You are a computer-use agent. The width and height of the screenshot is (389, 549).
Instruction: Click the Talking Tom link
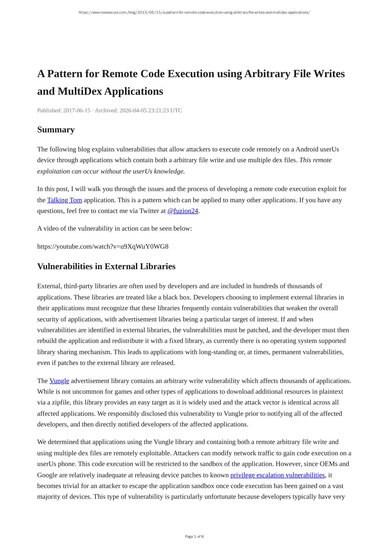pos(65,200)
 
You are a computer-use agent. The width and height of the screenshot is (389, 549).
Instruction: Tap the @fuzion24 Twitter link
pos(183,211)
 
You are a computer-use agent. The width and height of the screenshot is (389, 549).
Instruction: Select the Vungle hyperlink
pos(59,381)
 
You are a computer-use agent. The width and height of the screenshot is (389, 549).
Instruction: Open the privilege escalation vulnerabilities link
pos(277,475)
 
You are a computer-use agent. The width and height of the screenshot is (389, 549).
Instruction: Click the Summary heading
pos(56,130)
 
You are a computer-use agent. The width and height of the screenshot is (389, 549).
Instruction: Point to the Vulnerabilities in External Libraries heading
pos(106,266)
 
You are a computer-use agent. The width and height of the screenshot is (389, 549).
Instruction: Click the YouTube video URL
pos(103,247)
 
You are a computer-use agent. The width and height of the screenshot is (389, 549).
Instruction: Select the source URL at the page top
pos(194,13)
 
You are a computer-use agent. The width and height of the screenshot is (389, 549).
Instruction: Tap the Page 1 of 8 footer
pos(194,536)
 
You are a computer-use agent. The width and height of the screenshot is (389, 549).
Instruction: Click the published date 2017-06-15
pos(77,110)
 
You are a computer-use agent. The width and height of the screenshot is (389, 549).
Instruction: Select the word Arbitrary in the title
pos(267,74)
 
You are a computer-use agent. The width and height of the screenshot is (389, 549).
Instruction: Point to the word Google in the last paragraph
pos(47,475)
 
